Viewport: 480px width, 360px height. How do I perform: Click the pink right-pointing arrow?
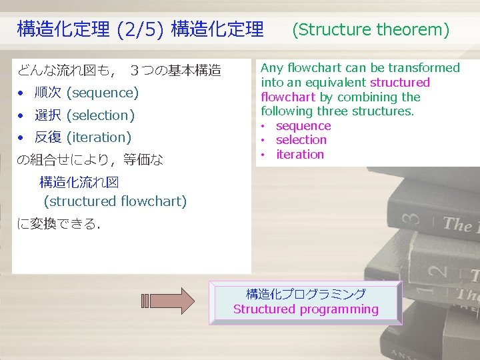[x=168, y=301]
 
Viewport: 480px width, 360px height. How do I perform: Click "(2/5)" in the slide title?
[x=140, y=29]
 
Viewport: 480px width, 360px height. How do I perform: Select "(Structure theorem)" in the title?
[x=371, y=29]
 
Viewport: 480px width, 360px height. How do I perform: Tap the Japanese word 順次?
[x=48, y=93]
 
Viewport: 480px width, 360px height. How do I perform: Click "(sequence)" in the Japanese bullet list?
[x=103, y=93]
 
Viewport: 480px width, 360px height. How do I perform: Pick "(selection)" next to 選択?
[x=101, y=115]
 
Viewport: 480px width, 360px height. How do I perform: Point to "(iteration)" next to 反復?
[x=99, y=137]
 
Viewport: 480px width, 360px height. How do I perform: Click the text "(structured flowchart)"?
[x=115, y=201]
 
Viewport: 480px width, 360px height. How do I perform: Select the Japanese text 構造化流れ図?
[x=79, y=182]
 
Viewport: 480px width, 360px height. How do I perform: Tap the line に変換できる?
[x=58, y=224]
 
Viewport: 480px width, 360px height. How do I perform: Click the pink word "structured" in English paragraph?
[x=400, y=83]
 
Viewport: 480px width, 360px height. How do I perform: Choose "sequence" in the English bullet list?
[x=303, y=126]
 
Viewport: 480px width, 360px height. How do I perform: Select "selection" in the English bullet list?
[x=301, y=140]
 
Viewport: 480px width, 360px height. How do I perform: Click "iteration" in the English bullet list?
[x=300, y=155]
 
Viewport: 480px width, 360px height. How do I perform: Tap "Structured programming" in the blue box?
[x=306, y=309]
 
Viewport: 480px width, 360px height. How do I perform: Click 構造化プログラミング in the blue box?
[x=306, y=294]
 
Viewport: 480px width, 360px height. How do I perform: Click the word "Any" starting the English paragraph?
[x=271, y=68]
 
